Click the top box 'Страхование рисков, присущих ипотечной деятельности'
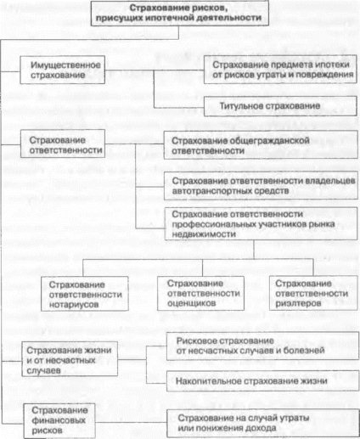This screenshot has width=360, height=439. [180, 14]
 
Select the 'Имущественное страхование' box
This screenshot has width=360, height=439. [63, 70]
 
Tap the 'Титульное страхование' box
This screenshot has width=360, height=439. [280, 106]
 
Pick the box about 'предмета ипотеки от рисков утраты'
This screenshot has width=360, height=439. [280, 70]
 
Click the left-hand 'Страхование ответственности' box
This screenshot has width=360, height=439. [63, 144]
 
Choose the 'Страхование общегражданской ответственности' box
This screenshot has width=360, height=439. [261, 145]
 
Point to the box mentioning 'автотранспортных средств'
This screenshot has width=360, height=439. [261, 186]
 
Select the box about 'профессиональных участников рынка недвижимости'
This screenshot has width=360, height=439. [261, 224]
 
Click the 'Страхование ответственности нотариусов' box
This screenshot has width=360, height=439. [85, 294]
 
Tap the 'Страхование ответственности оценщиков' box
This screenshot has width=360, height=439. [200, 293]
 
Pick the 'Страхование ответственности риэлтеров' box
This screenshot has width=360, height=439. [313, 293]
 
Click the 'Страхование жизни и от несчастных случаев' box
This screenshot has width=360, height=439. [70, 359]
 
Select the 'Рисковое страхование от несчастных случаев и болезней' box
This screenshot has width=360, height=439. [262, 346]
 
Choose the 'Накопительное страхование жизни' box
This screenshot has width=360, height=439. [262, 381]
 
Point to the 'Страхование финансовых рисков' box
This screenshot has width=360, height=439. [59, 420]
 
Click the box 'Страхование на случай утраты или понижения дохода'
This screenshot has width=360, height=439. [262, 423]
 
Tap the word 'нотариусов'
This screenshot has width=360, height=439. [74, 305]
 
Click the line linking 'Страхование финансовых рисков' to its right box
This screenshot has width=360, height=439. [131, 422]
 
